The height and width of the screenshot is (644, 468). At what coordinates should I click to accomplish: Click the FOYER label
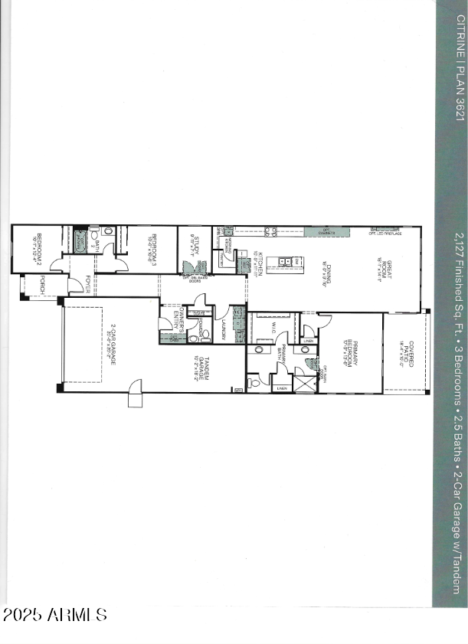(87, 284)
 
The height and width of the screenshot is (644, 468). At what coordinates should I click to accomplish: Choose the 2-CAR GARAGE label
(112, 345)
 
